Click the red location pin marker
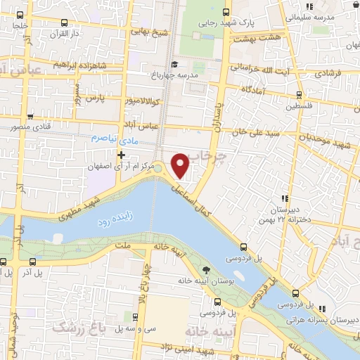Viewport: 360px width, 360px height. (x=181, y=165)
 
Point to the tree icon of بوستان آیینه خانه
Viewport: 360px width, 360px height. (x=205, y=270)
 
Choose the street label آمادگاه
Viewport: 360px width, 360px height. (x=256, y=90)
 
